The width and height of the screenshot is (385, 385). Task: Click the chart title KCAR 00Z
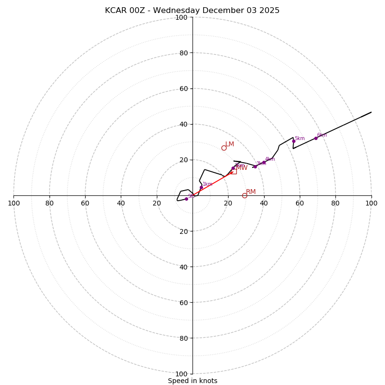pyautogui.click(x=192, y=11)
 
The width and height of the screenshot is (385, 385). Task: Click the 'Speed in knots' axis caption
pyautogui.click(x=192, y=381)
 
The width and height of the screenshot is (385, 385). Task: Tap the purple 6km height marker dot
pyautogui.click(x=316, y=138)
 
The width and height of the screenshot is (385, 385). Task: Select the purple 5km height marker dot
pyautogui.click(x=294, y=141)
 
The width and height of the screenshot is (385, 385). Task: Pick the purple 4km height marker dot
pyautogui.click(x=264, y=162)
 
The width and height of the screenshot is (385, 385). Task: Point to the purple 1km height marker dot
pyautogui.click(x=201, y=187)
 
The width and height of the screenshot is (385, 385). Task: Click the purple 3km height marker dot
pyautogui.click(x=255, y=167)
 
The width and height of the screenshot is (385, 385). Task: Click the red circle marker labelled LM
pyautogui.click(x=224, y=148)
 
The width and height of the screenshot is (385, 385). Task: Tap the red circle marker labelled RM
pyautogui.click(x=244, y=195)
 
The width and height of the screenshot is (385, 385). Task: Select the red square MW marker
pyautogui.click(x=233, y=171)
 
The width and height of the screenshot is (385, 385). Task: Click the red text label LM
pyautogui.click(x=230, y=144)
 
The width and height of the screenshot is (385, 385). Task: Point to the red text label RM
pyautogui.click(x=251, y=192)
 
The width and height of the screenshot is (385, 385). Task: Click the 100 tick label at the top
pyautogui.click(x=181, y=17)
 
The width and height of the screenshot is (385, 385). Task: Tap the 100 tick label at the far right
pyautogui.click(x=371, y=203)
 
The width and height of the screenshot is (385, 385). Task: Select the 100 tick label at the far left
pyautogui.click(x=14, y=203)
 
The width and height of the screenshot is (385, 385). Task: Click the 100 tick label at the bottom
pyautogui.click(x=181, y=373)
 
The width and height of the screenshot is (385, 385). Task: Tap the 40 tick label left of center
pyautogui.click(x=121, y=203)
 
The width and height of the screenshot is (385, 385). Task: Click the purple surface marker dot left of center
pyautogui.click(x=186, y=199)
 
